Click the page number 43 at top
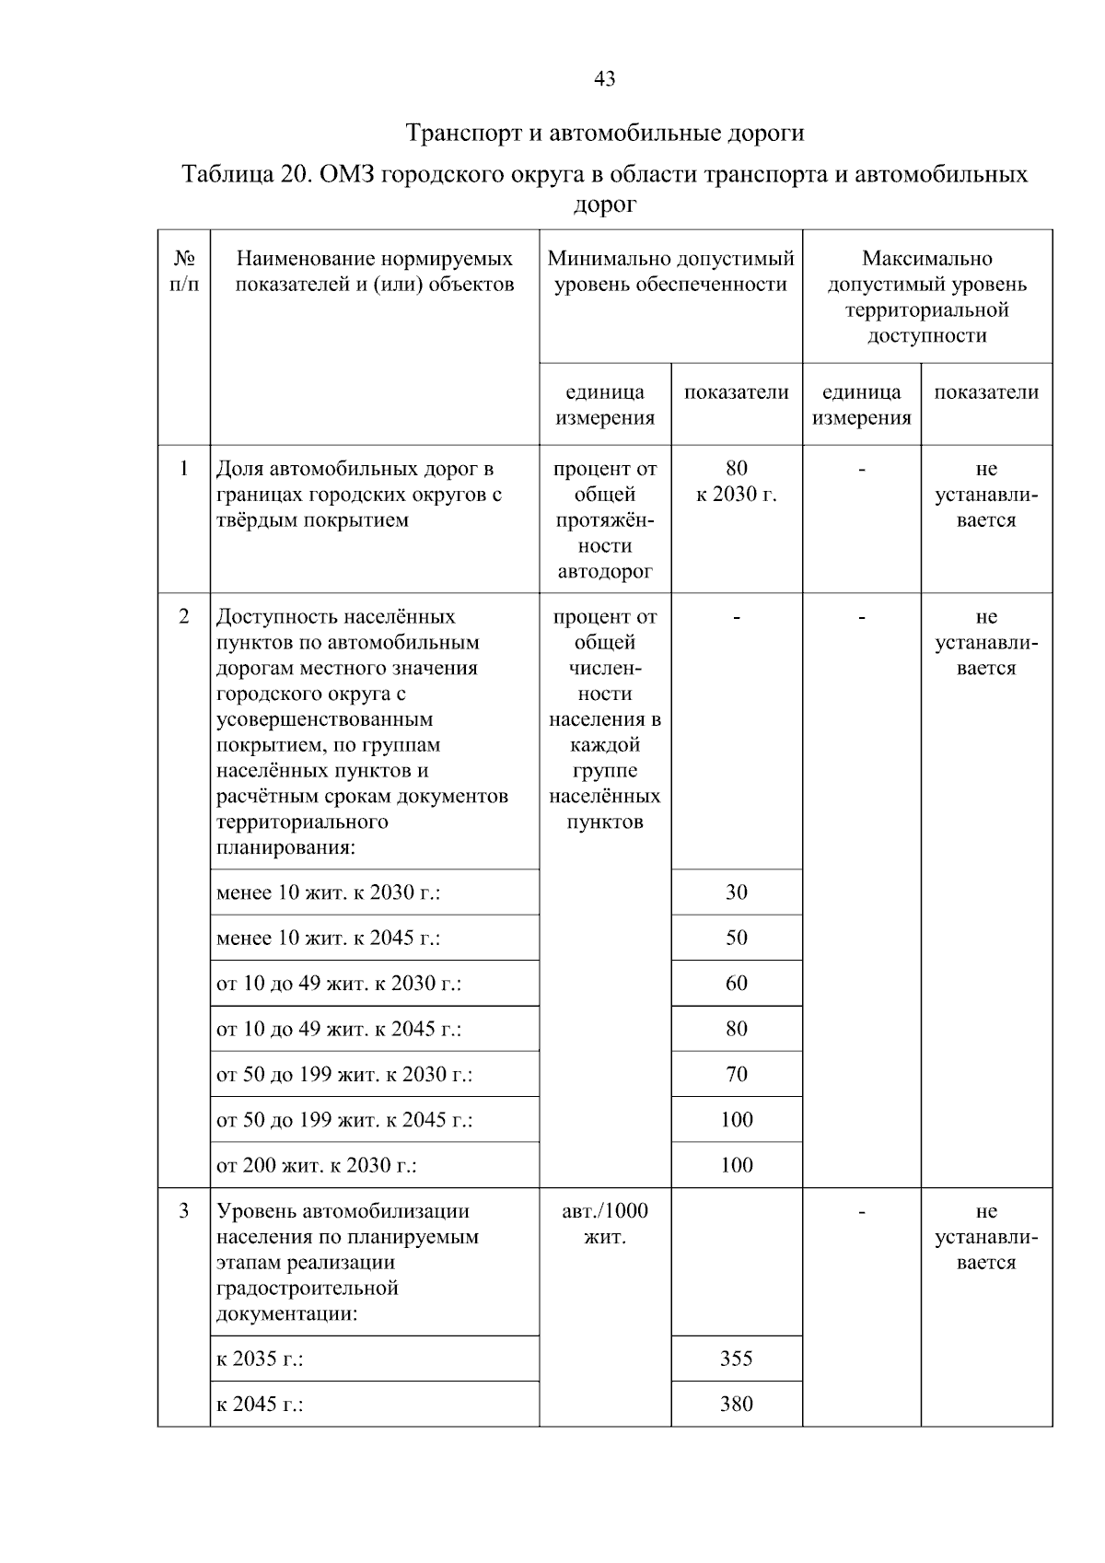(605, 79)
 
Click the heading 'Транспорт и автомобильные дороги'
(605, 134)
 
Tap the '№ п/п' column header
(184, 272)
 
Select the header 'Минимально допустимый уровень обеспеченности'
(670, 272)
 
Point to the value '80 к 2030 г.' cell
(736, 482)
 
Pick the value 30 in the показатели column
(736, 892)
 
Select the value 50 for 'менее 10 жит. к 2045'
(736, 938)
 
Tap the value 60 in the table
(736, 983)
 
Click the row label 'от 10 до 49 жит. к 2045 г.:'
(339, 1029)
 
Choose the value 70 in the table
(736, 1074)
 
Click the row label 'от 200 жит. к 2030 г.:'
(317, 1166)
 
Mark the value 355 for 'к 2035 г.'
(736, 1359)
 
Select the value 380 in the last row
(736, 1404)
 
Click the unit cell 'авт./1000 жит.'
(605, 1224)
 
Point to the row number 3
(184, 1211)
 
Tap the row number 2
(184, 616)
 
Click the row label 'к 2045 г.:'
(261, 1405)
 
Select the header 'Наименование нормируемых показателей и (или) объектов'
(375, 272)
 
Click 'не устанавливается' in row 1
(986, 495)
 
